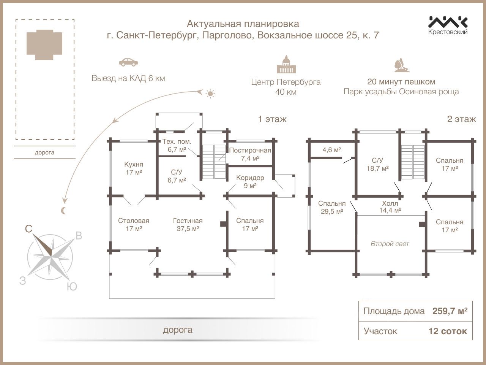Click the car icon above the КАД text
point(129,62)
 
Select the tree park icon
point(401,65)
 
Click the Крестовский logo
point(448,25)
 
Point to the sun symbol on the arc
point(210,94)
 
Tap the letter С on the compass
point(28,229)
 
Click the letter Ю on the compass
point(72,287)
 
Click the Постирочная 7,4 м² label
point(250,154)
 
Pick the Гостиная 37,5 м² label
point(188,225)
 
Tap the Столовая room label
point(134,225)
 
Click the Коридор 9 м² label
point(250,182)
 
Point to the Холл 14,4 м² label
point(390,206)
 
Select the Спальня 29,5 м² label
point(332,207)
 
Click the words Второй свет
point(390,244)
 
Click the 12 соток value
point(448,331)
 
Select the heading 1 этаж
point(272,119)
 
